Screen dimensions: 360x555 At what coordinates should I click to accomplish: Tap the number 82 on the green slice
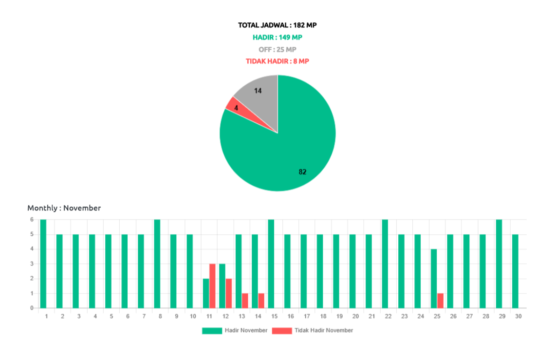302,172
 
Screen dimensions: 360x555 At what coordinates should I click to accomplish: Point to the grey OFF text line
277,50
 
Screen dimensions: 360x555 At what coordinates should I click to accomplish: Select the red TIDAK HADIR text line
277,61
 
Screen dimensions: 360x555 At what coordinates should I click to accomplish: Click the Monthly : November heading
64,208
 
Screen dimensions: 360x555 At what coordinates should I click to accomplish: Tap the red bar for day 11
212,285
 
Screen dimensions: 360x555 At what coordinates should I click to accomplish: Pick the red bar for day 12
229,293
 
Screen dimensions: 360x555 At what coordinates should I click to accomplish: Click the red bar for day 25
440,300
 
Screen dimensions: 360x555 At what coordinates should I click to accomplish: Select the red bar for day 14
261,300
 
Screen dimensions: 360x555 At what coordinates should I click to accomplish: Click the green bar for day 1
43,263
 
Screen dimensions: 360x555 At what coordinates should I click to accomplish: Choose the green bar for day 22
385,263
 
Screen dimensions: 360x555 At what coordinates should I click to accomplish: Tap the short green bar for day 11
205,293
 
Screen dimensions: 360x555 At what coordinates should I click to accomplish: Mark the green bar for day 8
157,263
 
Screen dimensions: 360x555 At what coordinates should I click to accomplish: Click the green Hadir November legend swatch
212,331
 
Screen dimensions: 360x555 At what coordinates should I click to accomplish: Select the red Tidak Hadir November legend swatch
282,331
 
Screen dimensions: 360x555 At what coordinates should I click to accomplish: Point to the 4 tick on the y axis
32,248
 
